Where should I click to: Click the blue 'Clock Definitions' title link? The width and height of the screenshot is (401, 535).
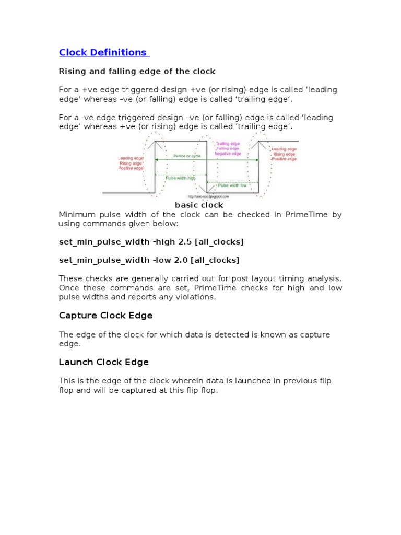tap(103, 52)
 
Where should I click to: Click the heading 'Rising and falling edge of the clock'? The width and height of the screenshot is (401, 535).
tap(137, 71)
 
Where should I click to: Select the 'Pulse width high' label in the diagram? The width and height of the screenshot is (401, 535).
tap(180, 178)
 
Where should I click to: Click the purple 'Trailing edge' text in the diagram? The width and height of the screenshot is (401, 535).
tap(228, 143)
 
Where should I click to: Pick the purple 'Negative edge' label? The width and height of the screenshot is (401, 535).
tap(228, 154)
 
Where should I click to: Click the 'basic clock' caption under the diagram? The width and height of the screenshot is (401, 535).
tap(198, 205)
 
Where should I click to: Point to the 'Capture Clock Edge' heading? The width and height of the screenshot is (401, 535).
tap(105, 316)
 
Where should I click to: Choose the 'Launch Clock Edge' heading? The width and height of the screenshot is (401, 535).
tap(104, 362)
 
